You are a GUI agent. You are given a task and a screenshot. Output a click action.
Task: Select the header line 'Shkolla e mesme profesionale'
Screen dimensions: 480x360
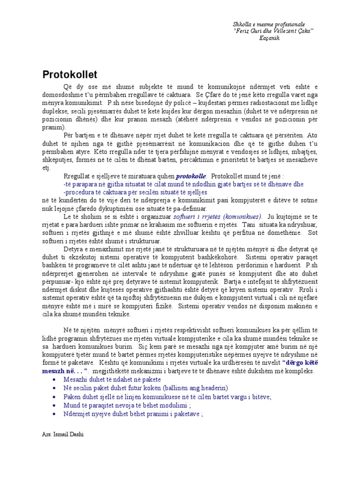tap(269, 24)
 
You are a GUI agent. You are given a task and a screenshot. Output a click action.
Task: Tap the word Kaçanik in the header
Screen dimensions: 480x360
tap(269, 37)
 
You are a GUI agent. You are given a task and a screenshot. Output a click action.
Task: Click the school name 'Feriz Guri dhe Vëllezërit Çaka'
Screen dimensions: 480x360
tap(273, 31)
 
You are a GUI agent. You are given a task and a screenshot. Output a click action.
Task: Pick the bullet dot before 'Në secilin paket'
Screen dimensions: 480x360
tap(56, 388)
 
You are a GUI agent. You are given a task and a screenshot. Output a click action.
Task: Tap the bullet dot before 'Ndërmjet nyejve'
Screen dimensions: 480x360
tap(56, 414)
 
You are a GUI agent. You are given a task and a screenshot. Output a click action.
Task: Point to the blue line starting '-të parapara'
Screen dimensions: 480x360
tap(183, 184)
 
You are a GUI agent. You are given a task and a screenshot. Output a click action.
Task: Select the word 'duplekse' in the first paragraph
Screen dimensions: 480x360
tap(50, 113)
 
